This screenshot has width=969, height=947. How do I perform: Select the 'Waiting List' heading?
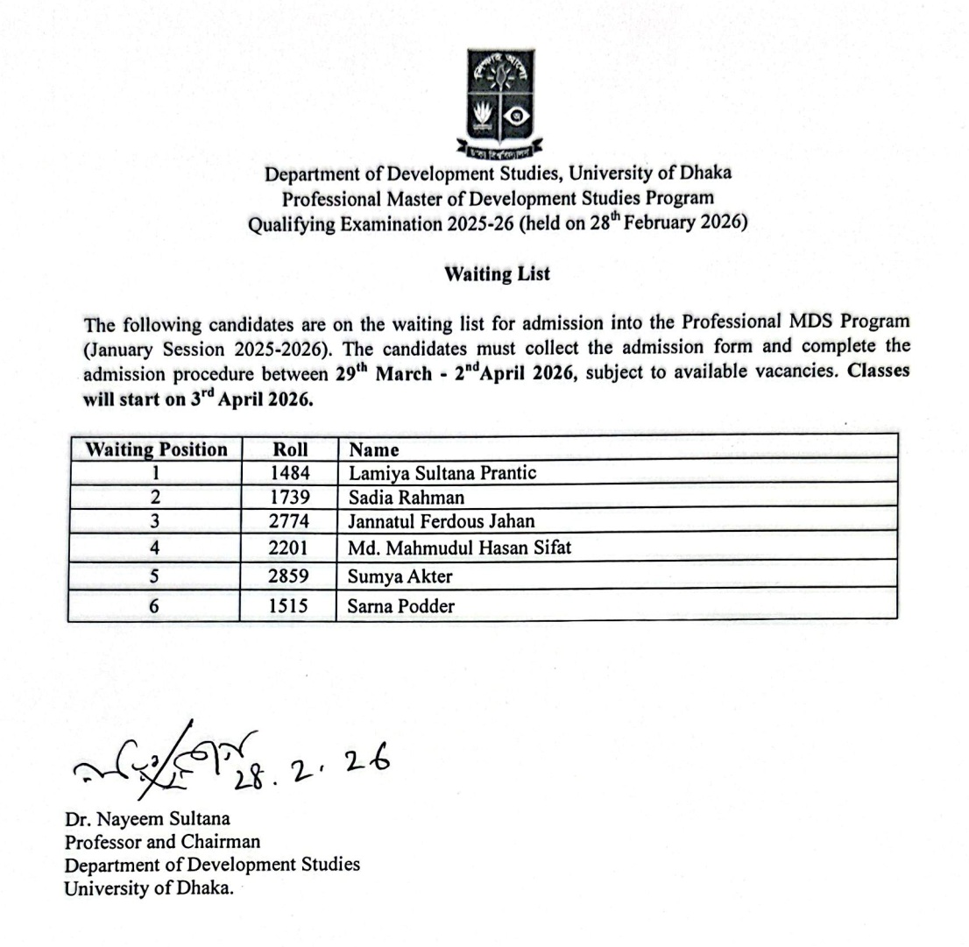tap(497, 274)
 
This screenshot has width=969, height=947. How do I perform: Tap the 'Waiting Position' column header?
tap(156, 450)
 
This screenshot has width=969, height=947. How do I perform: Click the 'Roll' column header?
tap(290, 450)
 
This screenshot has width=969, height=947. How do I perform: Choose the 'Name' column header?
tap(374, 450)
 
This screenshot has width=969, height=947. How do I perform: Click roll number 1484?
tap(290, 473)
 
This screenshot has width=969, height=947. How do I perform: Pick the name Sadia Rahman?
tap(407, 498)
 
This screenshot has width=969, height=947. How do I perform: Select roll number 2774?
tap(290, 521)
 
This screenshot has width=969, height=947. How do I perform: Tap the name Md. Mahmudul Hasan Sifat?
tap(460, 548)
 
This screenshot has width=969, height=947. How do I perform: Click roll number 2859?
tap(290, 576)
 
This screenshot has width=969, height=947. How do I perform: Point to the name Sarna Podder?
tap(401, 605)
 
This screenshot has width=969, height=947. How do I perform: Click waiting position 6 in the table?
tap(154, 605)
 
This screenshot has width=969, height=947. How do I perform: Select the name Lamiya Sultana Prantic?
tap(442, 473)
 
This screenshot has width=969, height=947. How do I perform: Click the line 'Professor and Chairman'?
tap(162, 842)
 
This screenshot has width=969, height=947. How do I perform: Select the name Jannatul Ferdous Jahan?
tap(442, 521)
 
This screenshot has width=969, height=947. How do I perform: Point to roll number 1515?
tap(290, 605)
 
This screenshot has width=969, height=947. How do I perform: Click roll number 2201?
tap(290, 548)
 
